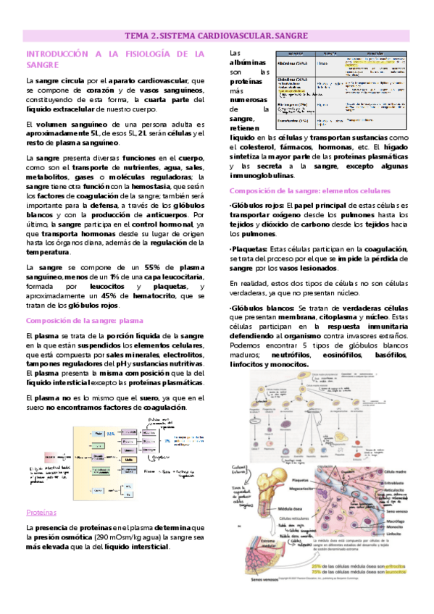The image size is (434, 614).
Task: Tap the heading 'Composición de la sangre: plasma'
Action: (x=84, y=320)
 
